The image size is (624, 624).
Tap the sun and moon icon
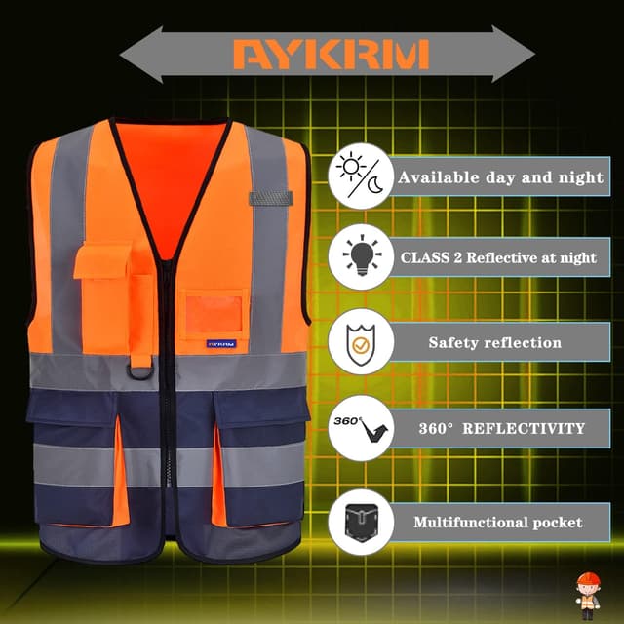360,175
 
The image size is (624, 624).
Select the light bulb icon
360,258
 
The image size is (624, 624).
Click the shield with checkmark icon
360,342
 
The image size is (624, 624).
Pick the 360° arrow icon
360,427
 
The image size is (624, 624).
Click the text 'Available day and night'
499,177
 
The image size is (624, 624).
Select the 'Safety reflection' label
494,343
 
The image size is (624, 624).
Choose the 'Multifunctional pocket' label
497,523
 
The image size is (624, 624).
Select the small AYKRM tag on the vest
219,344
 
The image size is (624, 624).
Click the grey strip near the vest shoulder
270,199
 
